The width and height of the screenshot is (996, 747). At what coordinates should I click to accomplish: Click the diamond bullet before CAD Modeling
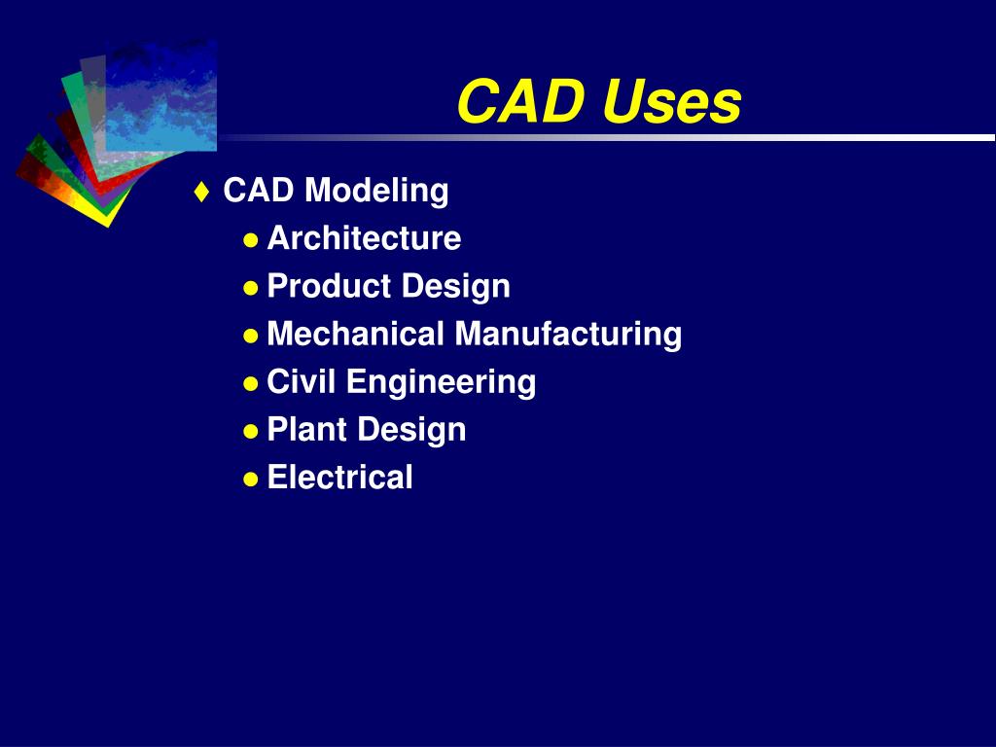point(201,192)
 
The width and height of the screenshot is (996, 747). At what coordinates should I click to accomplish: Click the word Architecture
point(364,238)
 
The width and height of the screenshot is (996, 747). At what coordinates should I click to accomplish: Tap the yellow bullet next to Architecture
point(251,239)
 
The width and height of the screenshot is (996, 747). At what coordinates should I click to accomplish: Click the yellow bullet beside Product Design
point(251,287)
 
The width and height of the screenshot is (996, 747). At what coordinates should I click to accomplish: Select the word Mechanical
point(355,334)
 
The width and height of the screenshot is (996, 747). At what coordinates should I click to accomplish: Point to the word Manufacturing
point(568,334)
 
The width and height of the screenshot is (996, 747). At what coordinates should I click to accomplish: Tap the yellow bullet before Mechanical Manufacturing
point(251,335)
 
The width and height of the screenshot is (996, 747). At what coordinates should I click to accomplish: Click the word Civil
point(302,381)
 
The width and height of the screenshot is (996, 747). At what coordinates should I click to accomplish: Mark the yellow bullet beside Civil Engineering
point(251,382)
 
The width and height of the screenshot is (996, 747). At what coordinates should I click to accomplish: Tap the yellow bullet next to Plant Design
point(251,430)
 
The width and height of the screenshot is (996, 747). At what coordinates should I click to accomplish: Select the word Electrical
point(339,477)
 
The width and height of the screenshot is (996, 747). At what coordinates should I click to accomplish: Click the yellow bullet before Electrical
point(251,478)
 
